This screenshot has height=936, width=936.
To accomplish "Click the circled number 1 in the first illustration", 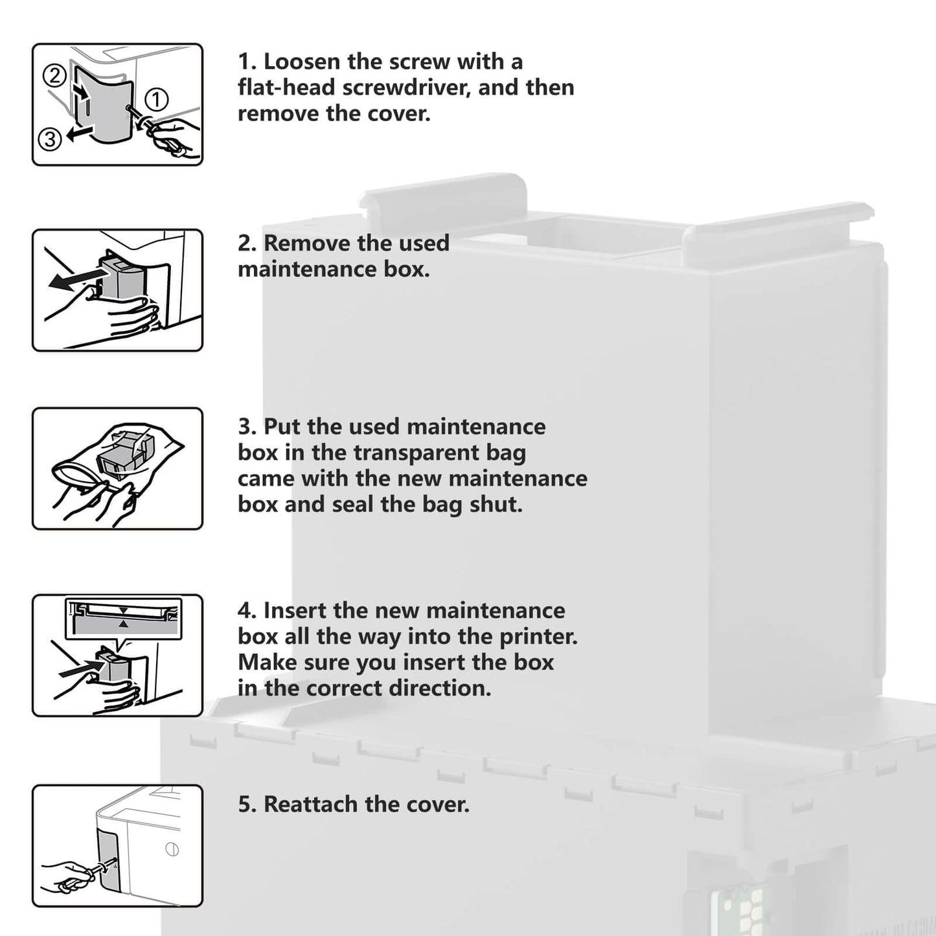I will coord(156,100).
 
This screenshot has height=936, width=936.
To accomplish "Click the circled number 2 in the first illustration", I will coord(55,76).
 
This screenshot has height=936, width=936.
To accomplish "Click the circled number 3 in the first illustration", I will coord(50,138).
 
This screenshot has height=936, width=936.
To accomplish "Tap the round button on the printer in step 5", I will coord(172,849).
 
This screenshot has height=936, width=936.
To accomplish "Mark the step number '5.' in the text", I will coord(247,805).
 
